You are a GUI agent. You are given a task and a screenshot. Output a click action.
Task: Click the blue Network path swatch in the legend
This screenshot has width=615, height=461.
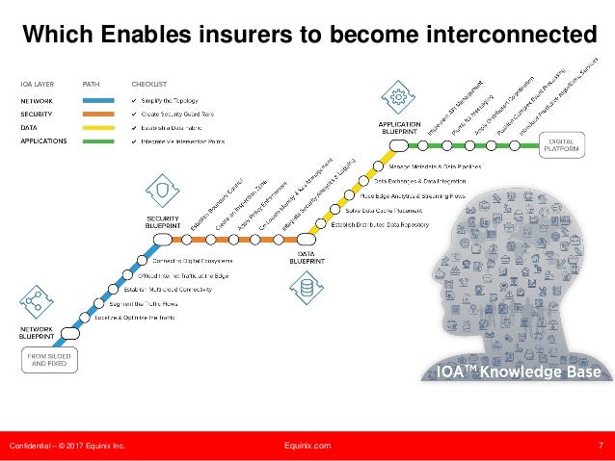click(x=98, y=100)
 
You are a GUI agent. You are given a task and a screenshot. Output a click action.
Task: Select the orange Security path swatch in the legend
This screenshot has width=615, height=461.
click(x=98, y=114)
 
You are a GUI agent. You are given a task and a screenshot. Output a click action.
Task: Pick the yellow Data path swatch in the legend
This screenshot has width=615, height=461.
click(x=98, y=127)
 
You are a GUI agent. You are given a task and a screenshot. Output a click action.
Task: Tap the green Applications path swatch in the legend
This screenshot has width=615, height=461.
click(x=98, y=141)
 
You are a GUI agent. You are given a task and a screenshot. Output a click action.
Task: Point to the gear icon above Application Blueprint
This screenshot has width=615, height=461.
click(x=396, y=97)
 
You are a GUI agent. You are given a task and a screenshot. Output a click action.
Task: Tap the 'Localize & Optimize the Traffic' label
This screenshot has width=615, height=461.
click(x=135, y=317)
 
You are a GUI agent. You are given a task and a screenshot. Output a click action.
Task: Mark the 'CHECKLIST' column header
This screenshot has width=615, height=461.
click(x=148, y=83)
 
